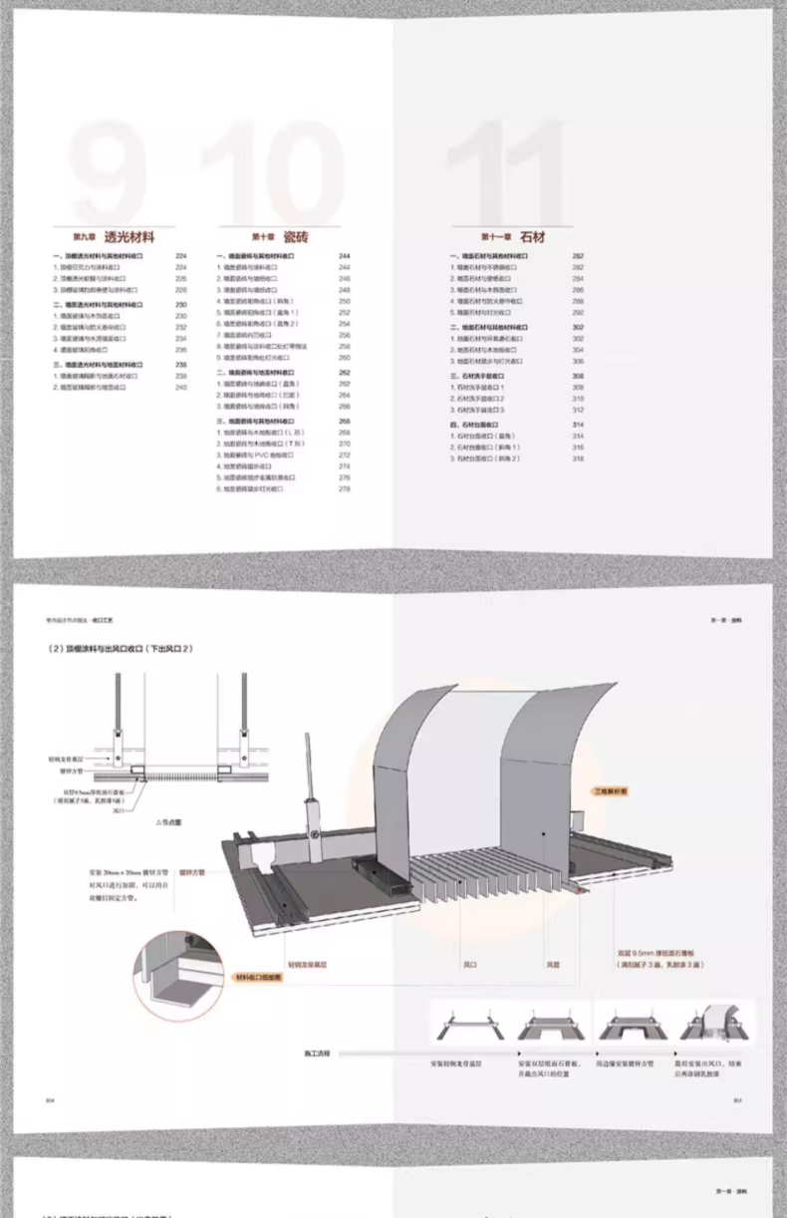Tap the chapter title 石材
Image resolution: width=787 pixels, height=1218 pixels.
(530, 238)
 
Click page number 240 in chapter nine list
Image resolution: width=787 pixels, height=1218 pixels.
(180, 387)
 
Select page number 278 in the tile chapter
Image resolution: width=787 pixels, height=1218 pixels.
(345, 489)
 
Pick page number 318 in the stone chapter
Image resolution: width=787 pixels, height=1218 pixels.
(578, 458)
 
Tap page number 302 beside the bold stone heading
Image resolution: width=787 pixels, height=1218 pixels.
(578, 327)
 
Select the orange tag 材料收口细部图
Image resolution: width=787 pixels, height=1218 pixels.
(259, 978)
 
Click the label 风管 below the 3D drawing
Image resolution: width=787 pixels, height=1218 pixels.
(553, 965)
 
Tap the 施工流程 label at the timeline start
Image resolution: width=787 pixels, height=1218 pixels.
(318, 1052)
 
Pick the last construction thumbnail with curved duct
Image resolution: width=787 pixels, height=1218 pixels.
(715, 1025)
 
